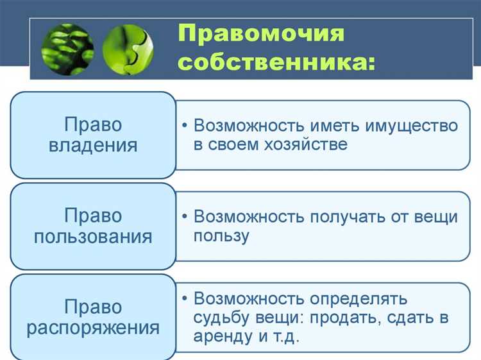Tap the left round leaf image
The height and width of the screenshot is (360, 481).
click(x=67, y=49)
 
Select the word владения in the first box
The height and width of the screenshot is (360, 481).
click(x=93, y=144)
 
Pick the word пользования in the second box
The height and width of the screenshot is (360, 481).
click(x=93, y=236)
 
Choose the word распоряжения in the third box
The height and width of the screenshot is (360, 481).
click(x=93, y=328)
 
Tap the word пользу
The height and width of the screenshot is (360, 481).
click(x=221, y=236)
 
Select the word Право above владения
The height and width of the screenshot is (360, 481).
click(x=93, y=124)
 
